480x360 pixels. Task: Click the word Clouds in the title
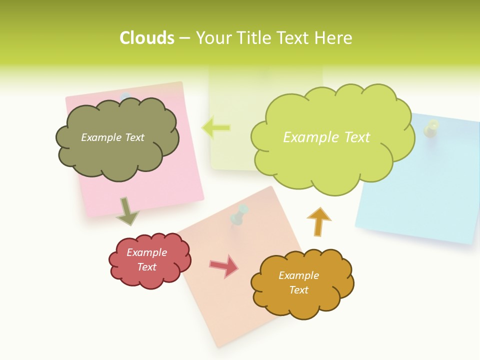tap(147, 38)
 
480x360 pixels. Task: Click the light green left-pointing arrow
tap(216, 128)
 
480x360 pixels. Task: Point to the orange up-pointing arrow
tap(318, 221)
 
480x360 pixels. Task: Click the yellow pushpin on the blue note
tap(430, 128)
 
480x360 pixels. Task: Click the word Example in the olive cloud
tap(98, 137)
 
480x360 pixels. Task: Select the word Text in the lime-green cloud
tap(353, 137)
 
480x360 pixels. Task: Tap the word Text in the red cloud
tap(147, 267)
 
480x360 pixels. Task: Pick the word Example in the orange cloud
tap(298, 275)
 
